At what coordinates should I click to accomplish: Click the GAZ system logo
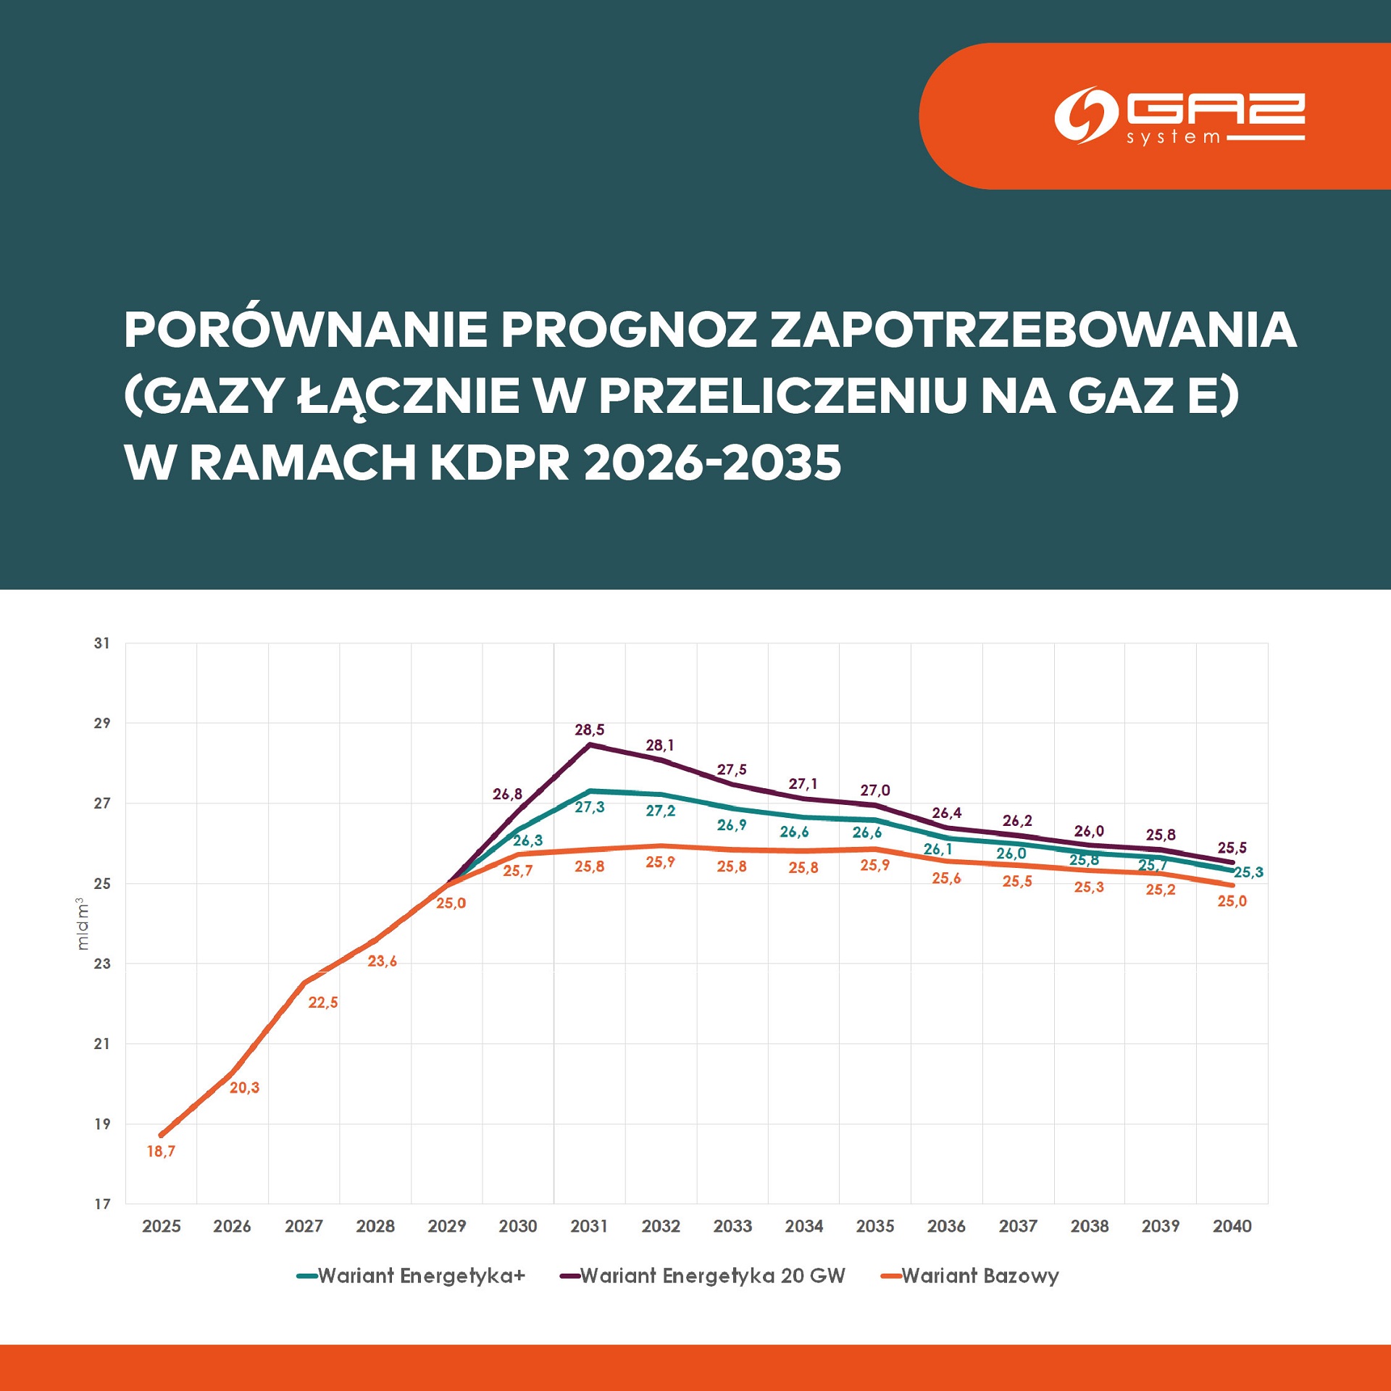tap(1179, 116)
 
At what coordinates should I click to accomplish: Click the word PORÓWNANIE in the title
tap(305, 330)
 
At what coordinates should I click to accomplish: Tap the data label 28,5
tap(589, 730)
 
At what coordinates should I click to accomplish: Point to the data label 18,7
tap(161, 1150)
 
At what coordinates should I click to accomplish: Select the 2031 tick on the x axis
tap(588, 1226)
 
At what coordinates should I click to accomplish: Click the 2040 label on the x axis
tap(1232, 1226)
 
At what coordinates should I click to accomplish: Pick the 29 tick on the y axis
tap(102, 722)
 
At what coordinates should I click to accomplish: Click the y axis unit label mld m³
tap(83, 923)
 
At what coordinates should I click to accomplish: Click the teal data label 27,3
tap(589, 807)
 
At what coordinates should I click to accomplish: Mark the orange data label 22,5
tap(322, 1002)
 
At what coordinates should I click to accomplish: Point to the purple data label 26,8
tap(507, 794)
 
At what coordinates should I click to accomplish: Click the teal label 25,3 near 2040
tap(1248, 872)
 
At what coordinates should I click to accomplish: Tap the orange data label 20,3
tap(244, 1087)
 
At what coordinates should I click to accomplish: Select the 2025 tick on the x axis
tap(161, 1226)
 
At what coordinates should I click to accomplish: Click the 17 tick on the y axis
tap(102, 1203)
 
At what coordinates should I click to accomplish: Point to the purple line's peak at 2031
tap(590, 744)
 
